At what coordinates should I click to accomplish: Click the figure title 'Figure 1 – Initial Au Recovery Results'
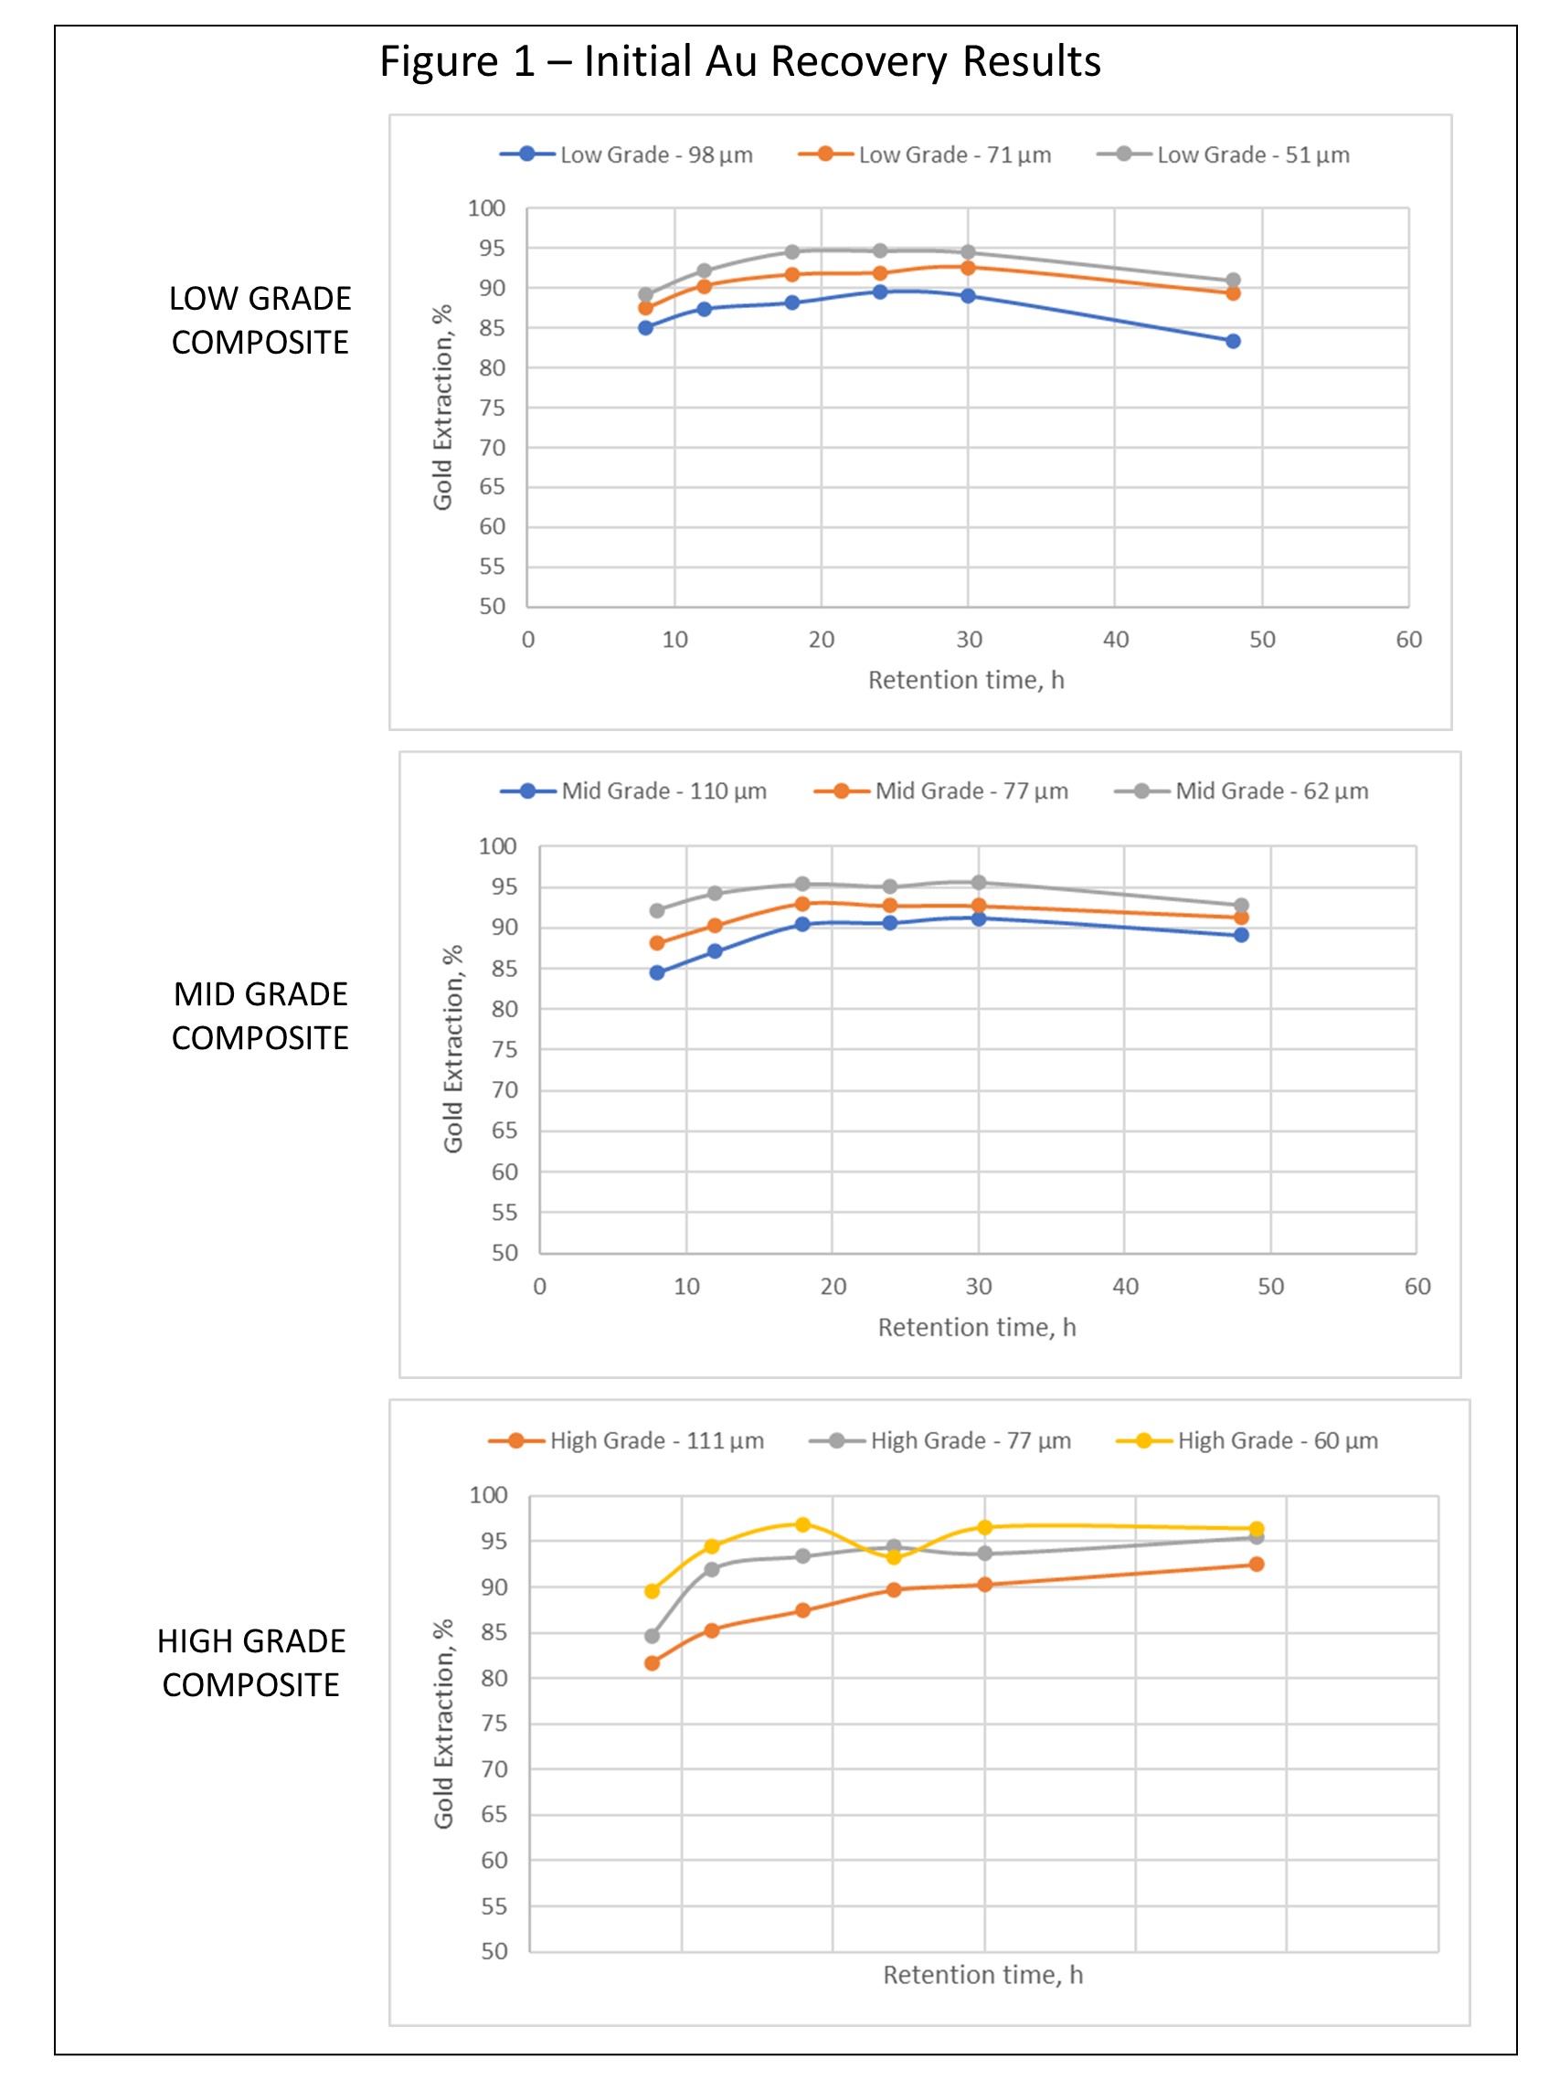[x=739, y=62]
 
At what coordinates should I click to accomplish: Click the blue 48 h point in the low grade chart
[x=1233, y=342]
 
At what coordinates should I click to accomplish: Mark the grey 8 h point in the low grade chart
[x=646, y=294]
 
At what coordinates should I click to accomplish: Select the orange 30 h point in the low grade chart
[x=968, y=268]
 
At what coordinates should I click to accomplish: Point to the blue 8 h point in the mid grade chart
[x=657, y=972]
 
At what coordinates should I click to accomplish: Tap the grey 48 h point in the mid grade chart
[x=1241, y=906]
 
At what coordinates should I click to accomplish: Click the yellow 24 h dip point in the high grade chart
[x=893, y=1557]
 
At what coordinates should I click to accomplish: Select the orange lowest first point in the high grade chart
[x=652, y=1663]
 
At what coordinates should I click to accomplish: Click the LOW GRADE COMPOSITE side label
[x=260, y=320]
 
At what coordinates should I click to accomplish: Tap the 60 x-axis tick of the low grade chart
[x=1408, y=641]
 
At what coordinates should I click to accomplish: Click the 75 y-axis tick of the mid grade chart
[x=504, y=1049]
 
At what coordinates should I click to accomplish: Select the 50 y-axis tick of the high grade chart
[x=494, y=1951]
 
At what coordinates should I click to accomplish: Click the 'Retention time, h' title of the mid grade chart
[x=977, y=1328]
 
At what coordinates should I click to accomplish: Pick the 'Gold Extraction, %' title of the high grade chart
[x=443, y=1724]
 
